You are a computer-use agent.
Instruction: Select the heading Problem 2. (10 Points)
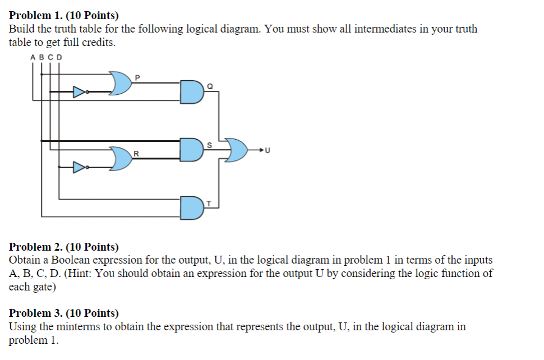64,247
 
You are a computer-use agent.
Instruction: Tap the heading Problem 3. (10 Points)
64,313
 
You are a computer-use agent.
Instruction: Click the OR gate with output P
121,83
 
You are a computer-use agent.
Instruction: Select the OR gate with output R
121,159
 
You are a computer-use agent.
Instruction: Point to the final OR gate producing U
236,150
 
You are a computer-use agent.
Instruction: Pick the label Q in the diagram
210,86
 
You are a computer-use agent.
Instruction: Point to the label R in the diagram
136,153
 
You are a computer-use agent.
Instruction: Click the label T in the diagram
208,203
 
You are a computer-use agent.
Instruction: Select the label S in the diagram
209,145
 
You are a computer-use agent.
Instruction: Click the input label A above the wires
33,57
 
